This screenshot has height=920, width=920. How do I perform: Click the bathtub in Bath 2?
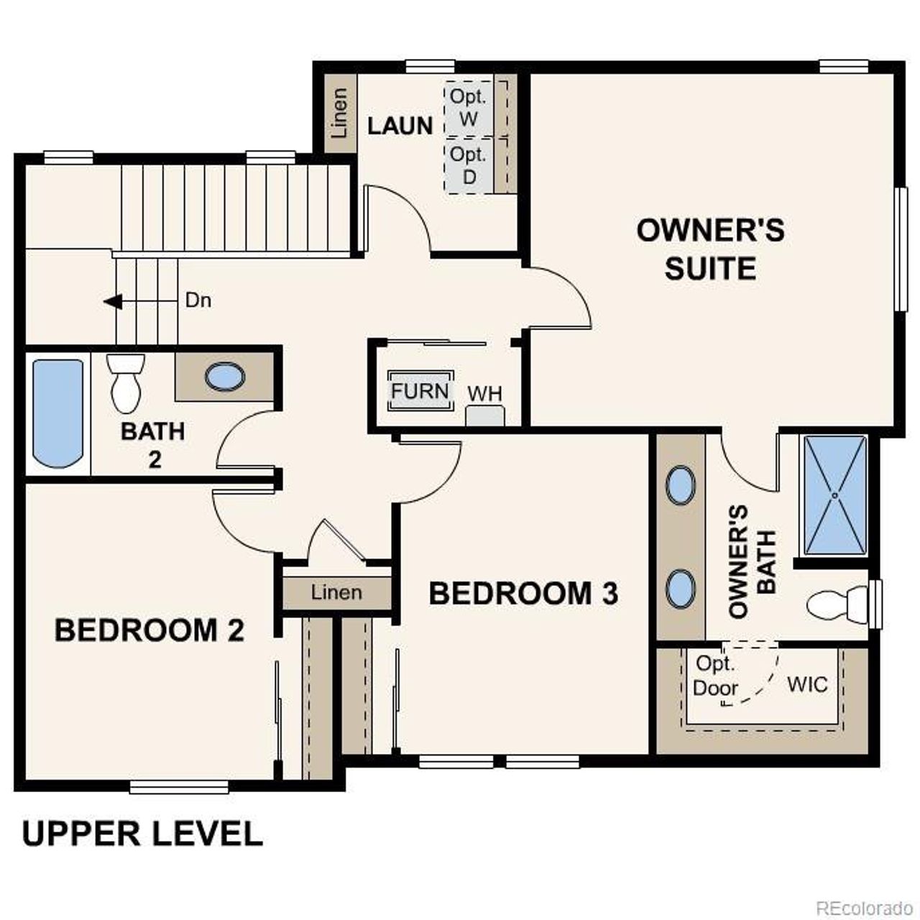point(57,413)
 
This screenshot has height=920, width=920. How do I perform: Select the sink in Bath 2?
point(224,376)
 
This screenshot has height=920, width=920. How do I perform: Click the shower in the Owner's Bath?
point(834,495)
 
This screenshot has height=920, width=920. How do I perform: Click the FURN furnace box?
point(420,392)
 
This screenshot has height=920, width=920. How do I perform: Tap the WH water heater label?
point(485,394)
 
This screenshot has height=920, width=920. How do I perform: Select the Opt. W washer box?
point(469,108)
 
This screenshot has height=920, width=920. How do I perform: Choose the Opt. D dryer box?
point(469,165)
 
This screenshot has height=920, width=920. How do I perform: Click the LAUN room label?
point(400,126)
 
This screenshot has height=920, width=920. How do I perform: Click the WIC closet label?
point(807,684)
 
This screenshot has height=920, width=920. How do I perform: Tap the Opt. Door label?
point(715,676)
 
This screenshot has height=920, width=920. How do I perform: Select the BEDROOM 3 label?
point(523,594)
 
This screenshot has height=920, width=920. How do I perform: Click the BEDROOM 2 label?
point(149,630)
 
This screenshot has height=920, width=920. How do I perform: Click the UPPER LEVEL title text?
point(142,834)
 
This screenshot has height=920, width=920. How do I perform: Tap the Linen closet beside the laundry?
point(339,113)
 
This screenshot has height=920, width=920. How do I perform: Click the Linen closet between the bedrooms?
point(336,593)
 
